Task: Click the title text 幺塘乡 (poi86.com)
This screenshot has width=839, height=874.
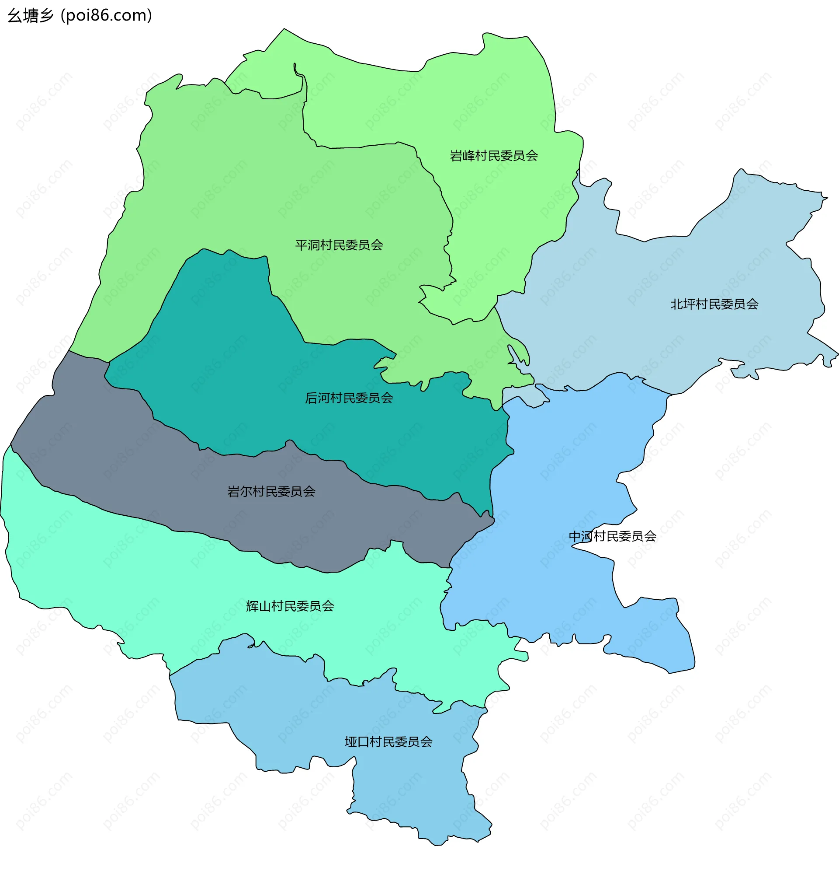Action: (80, 16)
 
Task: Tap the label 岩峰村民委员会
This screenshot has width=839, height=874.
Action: (494, 156)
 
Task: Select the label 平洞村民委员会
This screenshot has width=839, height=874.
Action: (339, 245)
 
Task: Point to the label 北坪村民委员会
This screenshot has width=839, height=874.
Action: (714, 304)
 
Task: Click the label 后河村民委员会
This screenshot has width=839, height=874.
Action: (349, 398)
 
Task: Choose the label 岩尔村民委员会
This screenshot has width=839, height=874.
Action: (271, 491)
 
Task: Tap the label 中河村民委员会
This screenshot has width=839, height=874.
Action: (612, 536)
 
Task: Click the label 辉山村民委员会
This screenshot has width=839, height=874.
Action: (290, 606)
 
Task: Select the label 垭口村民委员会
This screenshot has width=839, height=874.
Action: (388, 741)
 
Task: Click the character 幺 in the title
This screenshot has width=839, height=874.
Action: (15, 16)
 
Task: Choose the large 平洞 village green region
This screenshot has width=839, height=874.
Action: (223, 178)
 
